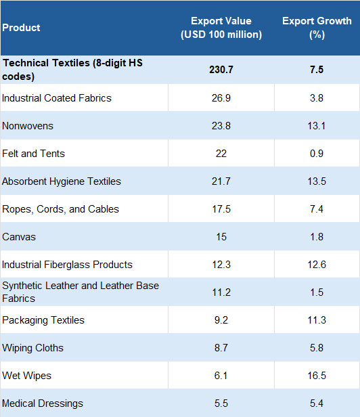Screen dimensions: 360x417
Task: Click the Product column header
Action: coord(21,28)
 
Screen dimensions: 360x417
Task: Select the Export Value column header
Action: coord(221,28)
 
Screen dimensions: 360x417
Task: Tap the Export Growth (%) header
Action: coord(317,28)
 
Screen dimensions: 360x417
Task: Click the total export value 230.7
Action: coord(221,70)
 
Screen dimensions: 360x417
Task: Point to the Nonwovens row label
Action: coord(28,126)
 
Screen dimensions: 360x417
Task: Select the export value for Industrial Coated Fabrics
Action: coord(221,98)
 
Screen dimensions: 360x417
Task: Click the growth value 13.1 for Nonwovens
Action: coord(317,126)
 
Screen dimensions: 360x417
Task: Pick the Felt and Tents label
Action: coord(34,154)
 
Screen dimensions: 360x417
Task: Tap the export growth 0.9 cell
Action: coord(317,154)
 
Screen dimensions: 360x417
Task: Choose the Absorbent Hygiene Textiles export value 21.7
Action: coord(221,181)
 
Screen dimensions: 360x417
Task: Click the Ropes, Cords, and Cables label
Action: coord(61,209)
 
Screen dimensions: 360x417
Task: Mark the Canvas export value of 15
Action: coord(221,237)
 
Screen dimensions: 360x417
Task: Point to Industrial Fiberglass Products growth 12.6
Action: coord(317,265)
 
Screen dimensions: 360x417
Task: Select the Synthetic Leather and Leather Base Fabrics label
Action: coord(81,292)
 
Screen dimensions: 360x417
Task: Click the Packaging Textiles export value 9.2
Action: coord(221,320)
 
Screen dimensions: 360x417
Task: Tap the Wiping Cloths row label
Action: coord(32,348)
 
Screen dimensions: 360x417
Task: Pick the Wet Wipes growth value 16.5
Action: coord(317,376)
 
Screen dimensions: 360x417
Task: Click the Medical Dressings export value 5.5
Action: coord(221,403)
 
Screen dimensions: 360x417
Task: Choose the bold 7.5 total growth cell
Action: coord(317,70)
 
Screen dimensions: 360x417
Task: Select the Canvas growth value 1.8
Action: coord(317,237)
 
